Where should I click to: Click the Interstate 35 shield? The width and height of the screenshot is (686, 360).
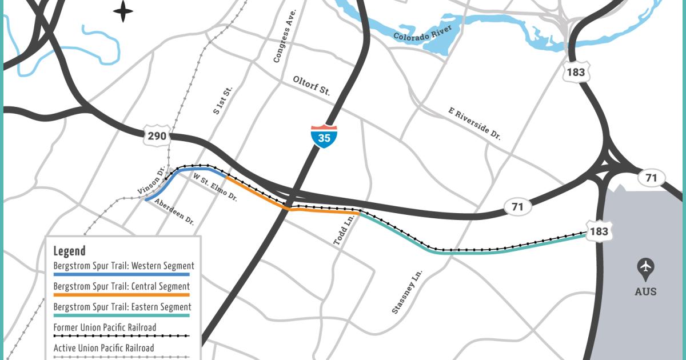[324, 137]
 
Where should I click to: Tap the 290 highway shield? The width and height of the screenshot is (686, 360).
[157, 136]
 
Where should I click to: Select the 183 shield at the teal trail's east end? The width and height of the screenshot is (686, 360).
[599, 231]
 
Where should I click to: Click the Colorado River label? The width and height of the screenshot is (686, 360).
[422, 33]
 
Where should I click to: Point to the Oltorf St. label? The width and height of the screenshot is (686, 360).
[312, 86]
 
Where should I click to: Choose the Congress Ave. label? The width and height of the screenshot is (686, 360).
[285, 36]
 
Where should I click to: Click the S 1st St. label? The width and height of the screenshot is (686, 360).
[224, 101]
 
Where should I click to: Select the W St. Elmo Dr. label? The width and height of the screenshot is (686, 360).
[215, 187]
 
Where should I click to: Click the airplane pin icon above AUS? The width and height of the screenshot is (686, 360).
[646, 268]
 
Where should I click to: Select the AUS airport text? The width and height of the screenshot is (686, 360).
[646, 291]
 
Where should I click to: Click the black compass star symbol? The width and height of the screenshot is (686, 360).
[123, 11]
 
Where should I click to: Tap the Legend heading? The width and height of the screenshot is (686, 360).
[69, 250]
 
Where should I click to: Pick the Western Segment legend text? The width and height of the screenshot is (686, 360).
[123, 266]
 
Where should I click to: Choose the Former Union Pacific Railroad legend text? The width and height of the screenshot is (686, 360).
[105, 327]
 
